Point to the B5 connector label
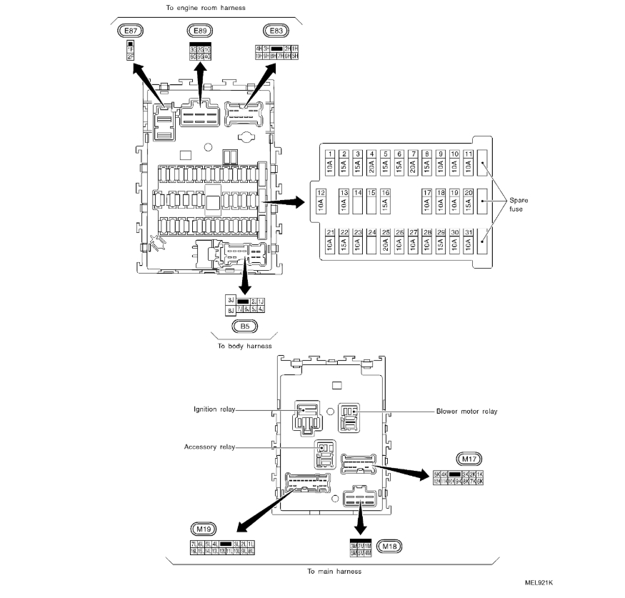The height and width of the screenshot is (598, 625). click(x=244, y=328)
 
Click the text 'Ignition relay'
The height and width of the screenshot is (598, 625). click(x=215, y=409)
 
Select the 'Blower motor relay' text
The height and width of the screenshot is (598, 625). click(x=466, y=412)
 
